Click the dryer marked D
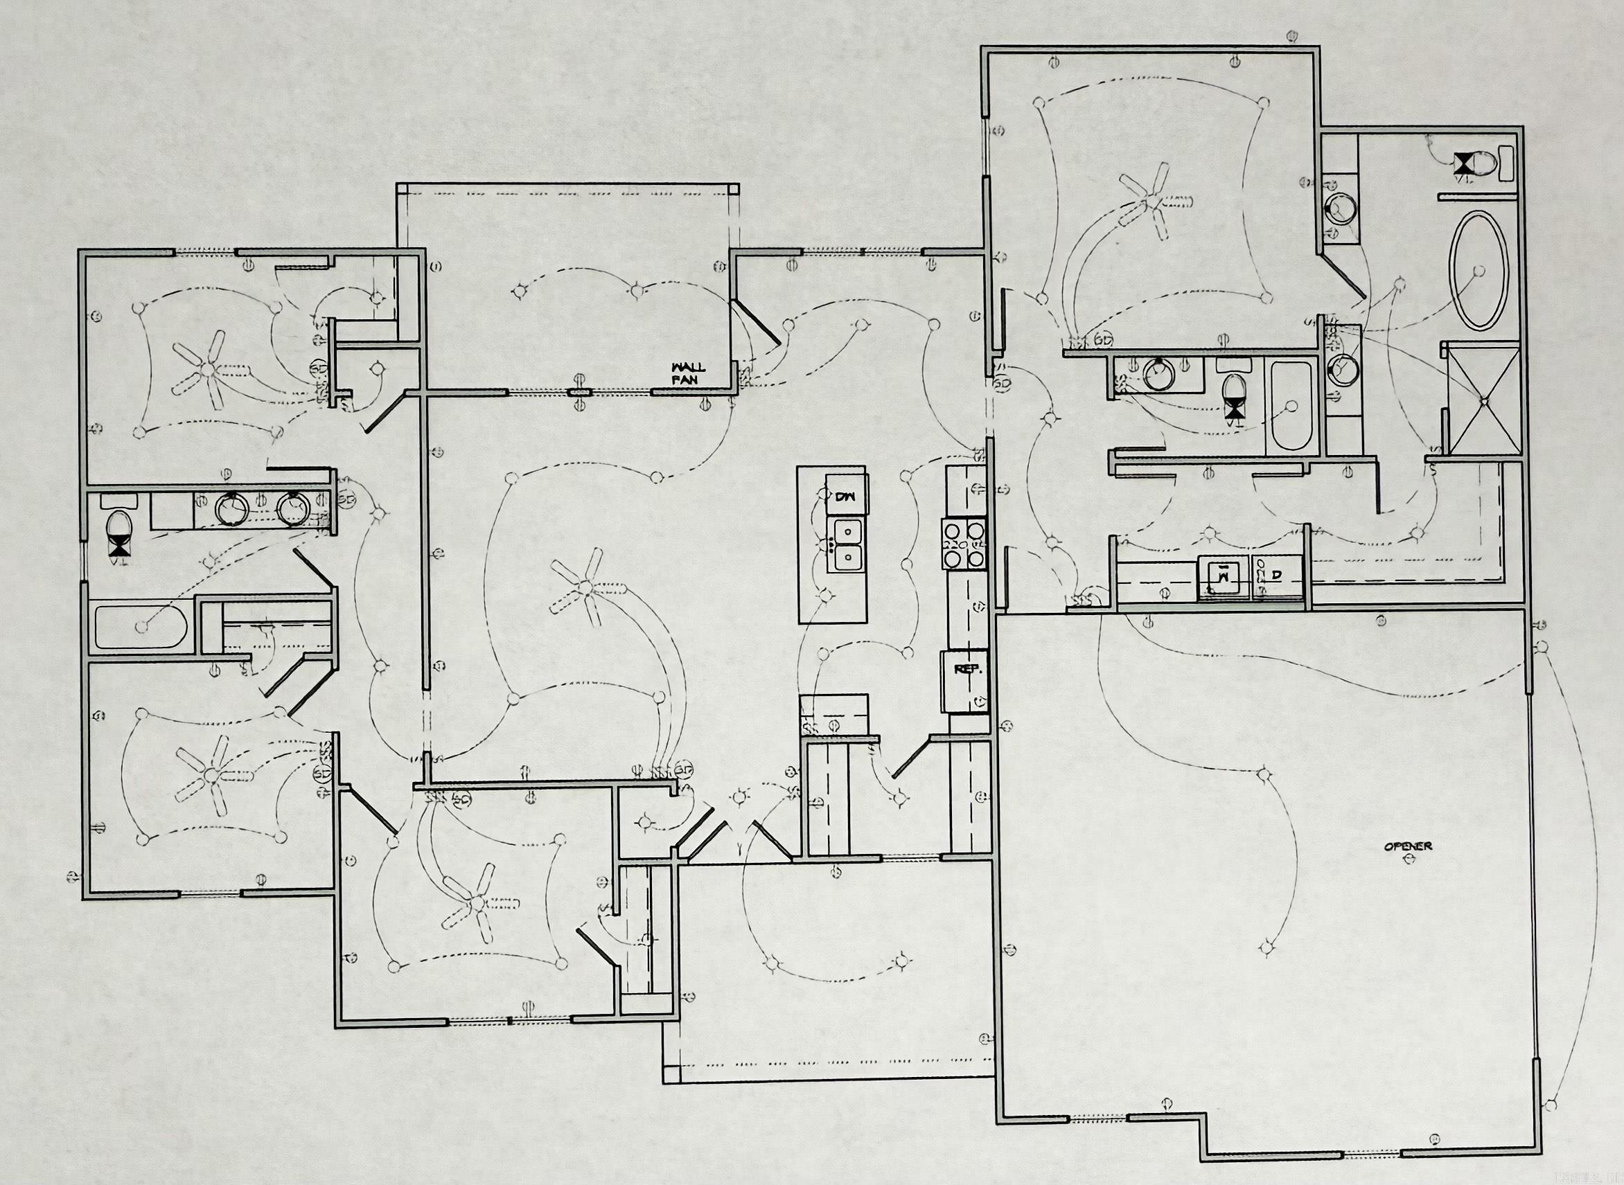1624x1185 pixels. (1278, 576)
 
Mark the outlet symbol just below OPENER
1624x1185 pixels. (1408, 858)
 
